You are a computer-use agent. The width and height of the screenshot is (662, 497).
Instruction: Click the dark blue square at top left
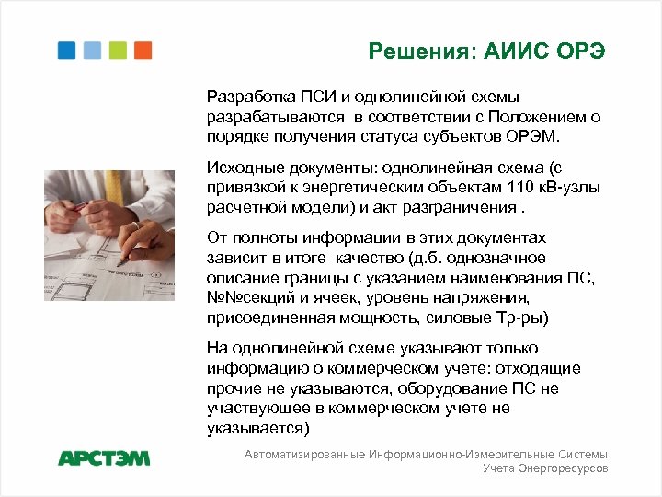(x=67, y=51)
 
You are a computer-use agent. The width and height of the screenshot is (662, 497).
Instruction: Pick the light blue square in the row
(x=93, y=51)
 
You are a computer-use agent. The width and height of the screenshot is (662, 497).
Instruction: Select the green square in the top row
(x=118, y=51)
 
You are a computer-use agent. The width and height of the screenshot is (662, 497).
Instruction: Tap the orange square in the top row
(x=143, y=51)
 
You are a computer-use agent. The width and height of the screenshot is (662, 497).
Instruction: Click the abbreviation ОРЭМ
(x=536, y=137)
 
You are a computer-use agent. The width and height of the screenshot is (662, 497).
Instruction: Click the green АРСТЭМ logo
(x=104, y=457)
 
